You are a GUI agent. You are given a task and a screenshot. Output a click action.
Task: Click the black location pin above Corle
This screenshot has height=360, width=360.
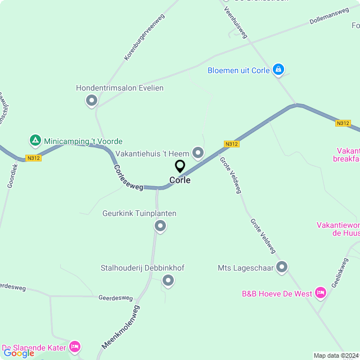click(x=180, y=166)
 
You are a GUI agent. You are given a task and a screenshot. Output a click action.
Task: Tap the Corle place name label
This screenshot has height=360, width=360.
click(x=180, y=181)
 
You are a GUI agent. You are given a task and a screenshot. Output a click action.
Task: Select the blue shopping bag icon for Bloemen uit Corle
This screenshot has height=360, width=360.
click(x=277, y=70)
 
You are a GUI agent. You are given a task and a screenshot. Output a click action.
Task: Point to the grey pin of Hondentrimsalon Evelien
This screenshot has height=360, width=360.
click(x=92, y=101)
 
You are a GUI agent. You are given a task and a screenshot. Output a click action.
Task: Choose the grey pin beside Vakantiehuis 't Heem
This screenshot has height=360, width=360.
click(x=198, y=152)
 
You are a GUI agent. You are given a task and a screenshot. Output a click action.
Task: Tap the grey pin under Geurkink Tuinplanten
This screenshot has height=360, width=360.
click(x=160, y=226)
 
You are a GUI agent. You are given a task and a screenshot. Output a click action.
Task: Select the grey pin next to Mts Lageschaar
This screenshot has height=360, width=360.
click(x=282, y=268)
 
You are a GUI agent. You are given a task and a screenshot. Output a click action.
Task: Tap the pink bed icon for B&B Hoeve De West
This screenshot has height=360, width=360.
click(x=321, y=292)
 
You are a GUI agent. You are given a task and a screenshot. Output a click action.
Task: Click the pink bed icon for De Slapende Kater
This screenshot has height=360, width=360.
click(x=74, y=346)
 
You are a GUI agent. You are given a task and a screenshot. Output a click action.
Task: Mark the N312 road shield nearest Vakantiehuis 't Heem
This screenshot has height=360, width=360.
click(x=231, y=144)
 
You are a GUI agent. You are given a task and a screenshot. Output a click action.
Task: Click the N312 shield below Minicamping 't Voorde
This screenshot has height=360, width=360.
click(x=33, y=158)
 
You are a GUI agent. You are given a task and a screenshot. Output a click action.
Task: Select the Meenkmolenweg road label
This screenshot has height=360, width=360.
click(x=120, y=327)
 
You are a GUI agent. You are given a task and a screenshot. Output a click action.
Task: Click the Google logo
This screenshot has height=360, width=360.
click(x=19, y=353)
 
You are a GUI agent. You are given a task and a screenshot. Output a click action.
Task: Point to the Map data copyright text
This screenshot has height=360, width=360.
click(x=336, y=355)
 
